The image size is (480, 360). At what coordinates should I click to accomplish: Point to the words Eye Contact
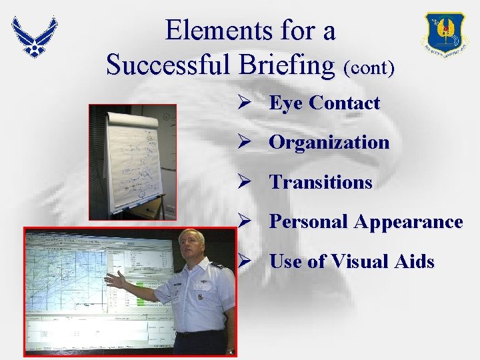tap(324, 103)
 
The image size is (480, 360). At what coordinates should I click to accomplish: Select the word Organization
tap(329, 142)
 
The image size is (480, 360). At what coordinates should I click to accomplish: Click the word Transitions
tap(321, 182)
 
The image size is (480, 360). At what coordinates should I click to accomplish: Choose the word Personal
tap(309, 222)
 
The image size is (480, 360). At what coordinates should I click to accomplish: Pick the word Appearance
tap(409, 222)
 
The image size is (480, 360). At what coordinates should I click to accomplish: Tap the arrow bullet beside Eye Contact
tap(243, 103)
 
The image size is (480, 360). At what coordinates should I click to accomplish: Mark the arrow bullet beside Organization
tap(243, 142)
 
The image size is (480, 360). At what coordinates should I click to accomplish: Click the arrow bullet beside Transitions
tap(243, 182)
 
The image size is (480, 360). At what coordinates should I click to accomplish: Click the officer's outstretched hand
tap(115, 279)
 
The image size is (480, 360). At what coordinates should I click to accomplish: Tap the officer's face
tap(194, 246)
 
